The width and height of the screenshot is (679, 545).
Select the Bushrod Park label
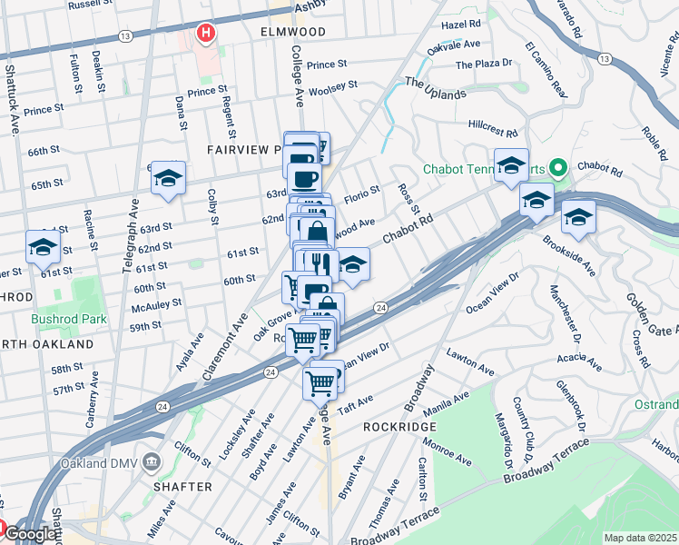69,319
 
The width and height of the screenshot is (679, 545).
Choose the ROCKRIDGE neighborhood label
394,426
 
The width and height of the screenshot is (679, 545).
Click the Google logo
29,534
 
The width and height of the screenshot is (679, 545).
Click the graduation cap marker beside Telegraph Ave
168,179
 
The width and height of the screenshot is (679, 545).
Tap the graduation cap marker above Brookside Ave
577,217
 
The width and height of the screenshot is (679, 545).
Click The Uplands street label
435,87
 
